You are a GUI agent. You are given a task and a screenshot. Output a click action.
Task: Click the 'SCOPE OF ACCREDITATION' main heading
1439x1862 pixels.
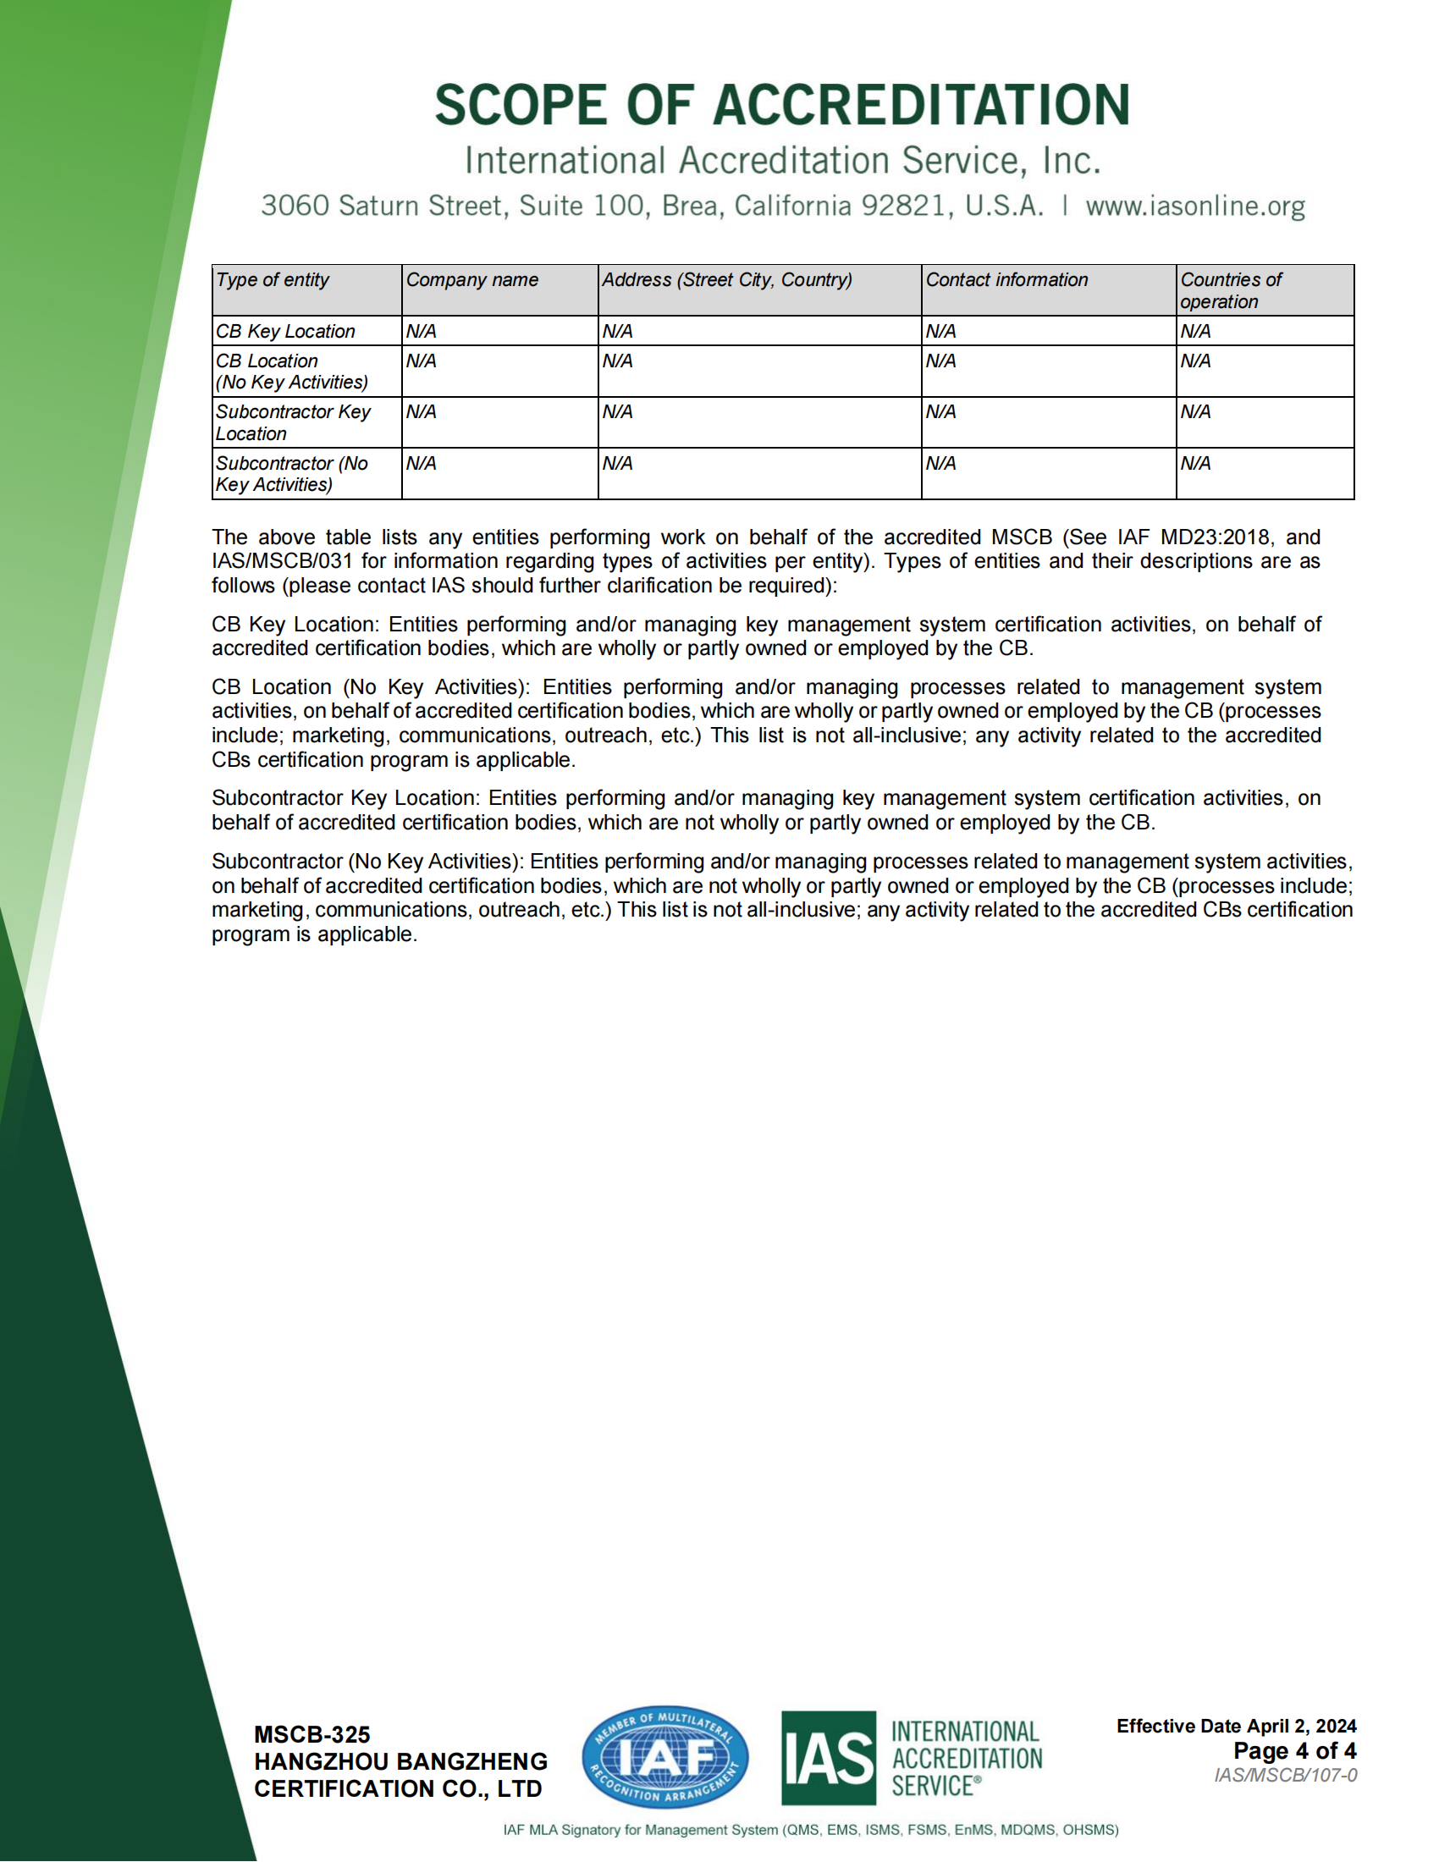(782, 105)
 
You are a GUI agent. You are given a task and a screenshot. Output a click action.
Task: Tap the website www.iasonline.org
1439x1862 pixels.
(1194, 206)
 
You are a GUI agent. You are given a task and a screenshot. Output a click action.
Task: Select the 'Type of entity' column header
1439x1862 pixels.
(272, 279)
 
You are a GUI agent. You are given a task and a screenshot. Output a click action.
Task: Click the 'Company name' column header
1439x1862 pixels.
(471, 279)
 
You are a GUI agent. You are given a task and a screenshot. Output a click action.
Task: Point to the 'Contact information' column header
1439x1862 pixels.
(1006, 279)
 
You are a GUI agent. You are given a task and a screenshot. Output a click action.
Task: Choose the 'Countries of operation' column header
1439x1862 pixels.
(1230, 289)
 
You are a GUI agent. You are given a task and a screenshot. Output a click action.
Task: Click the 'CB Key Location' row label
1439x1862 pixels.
(284, 331)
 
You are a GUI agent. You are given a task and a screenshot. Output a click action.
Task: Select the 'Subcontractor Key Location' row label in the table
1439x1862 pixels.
(292, 422)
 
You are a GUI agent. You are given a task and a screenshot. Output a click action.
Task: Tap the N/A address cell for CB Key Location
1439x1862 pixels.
(617, 331)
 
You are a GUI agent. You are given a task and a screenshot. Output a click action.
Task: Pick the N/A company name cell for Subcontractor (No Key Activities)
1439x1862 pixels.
(422, 463)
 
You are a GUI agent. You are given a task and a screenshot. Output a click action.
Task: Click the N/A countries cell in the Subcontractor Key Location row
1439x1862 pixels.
(1195, 412)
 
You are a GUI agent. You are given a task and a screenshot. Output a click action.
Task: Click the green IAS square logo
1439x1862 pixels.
(828, 1757)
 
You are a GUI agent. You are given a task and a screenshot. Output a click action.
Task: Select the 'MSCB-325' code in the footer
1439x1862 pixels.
(312, 1734)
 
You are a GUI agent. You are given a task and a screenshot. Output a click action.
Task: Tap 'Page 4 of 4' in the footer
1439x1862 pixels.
(1294, 1751)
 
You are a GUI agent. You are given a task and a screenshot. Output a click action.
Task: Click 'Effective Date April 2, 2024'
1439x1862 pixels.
(1236, 1726)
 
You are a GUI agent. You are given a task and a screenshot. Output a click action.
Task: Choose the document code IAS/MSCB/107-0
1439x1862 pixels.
(1286, 1775)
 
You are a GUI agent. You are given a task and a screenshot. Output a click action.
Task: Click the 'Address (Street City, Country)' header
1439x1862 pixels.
(726, 279)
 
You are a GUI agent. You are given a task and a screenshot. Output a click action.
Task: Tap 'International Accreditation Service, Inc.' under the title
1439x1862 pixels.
(782, 160)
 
